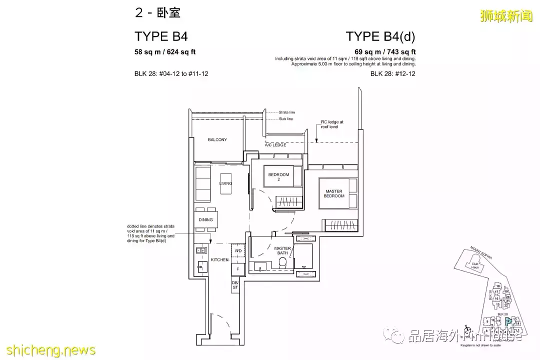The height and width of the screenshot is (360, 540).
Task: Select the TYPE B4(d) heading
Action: click(380, 36)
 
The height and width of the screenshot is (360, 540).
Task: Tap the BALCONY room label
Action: click(217, 139)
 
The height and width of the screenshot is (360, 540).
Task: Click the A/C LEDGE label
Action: click(276, 145)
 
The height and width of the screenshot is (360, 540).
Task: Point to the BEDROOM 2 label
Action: click(278, 176)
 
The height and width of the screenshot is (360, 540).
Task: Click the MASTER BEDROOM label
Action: click(334, 193)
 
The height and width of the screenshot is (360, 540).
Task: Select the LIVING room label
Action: click(225, 183)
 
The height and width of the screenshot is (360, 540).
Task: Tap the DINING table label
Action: click(205, 219)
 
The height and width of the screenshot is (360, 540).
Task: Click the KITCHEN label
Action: click(219, 260)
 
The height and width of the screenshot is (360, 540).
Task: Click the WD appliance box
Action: click(238, 250)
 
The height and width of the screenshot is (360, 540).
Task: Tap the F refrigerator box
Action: click(238, 269)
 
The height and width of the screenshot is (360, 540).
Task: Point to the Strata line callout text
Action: click(287, 112)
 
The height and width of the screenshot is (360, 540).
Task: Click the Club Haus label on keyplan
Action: click(475, 265)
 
